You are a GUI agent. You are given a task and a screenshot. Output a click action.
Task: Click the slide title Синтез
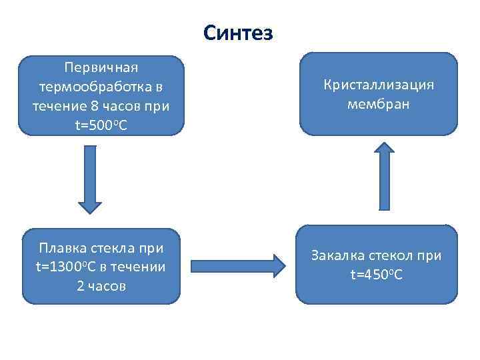click(238, 33)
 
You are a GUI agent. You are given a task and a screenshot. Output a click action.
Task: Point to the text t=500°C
click(101, 125)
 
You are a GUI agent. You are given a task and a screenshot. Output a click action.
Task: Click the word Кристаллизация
click(378, 85)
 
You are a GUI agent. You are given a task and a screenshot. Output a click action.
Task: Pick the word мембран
click(378, 104)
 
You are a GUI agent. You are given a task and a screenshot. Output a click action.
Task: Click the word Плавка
click(63, 249)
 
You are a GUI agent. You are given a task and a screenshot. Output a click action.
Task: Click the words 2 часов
click(101, 286)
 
